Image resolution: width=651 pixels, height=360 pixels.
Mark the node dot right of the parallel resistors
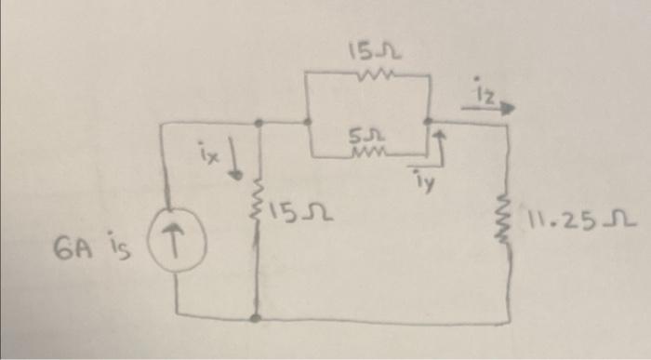427,122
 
